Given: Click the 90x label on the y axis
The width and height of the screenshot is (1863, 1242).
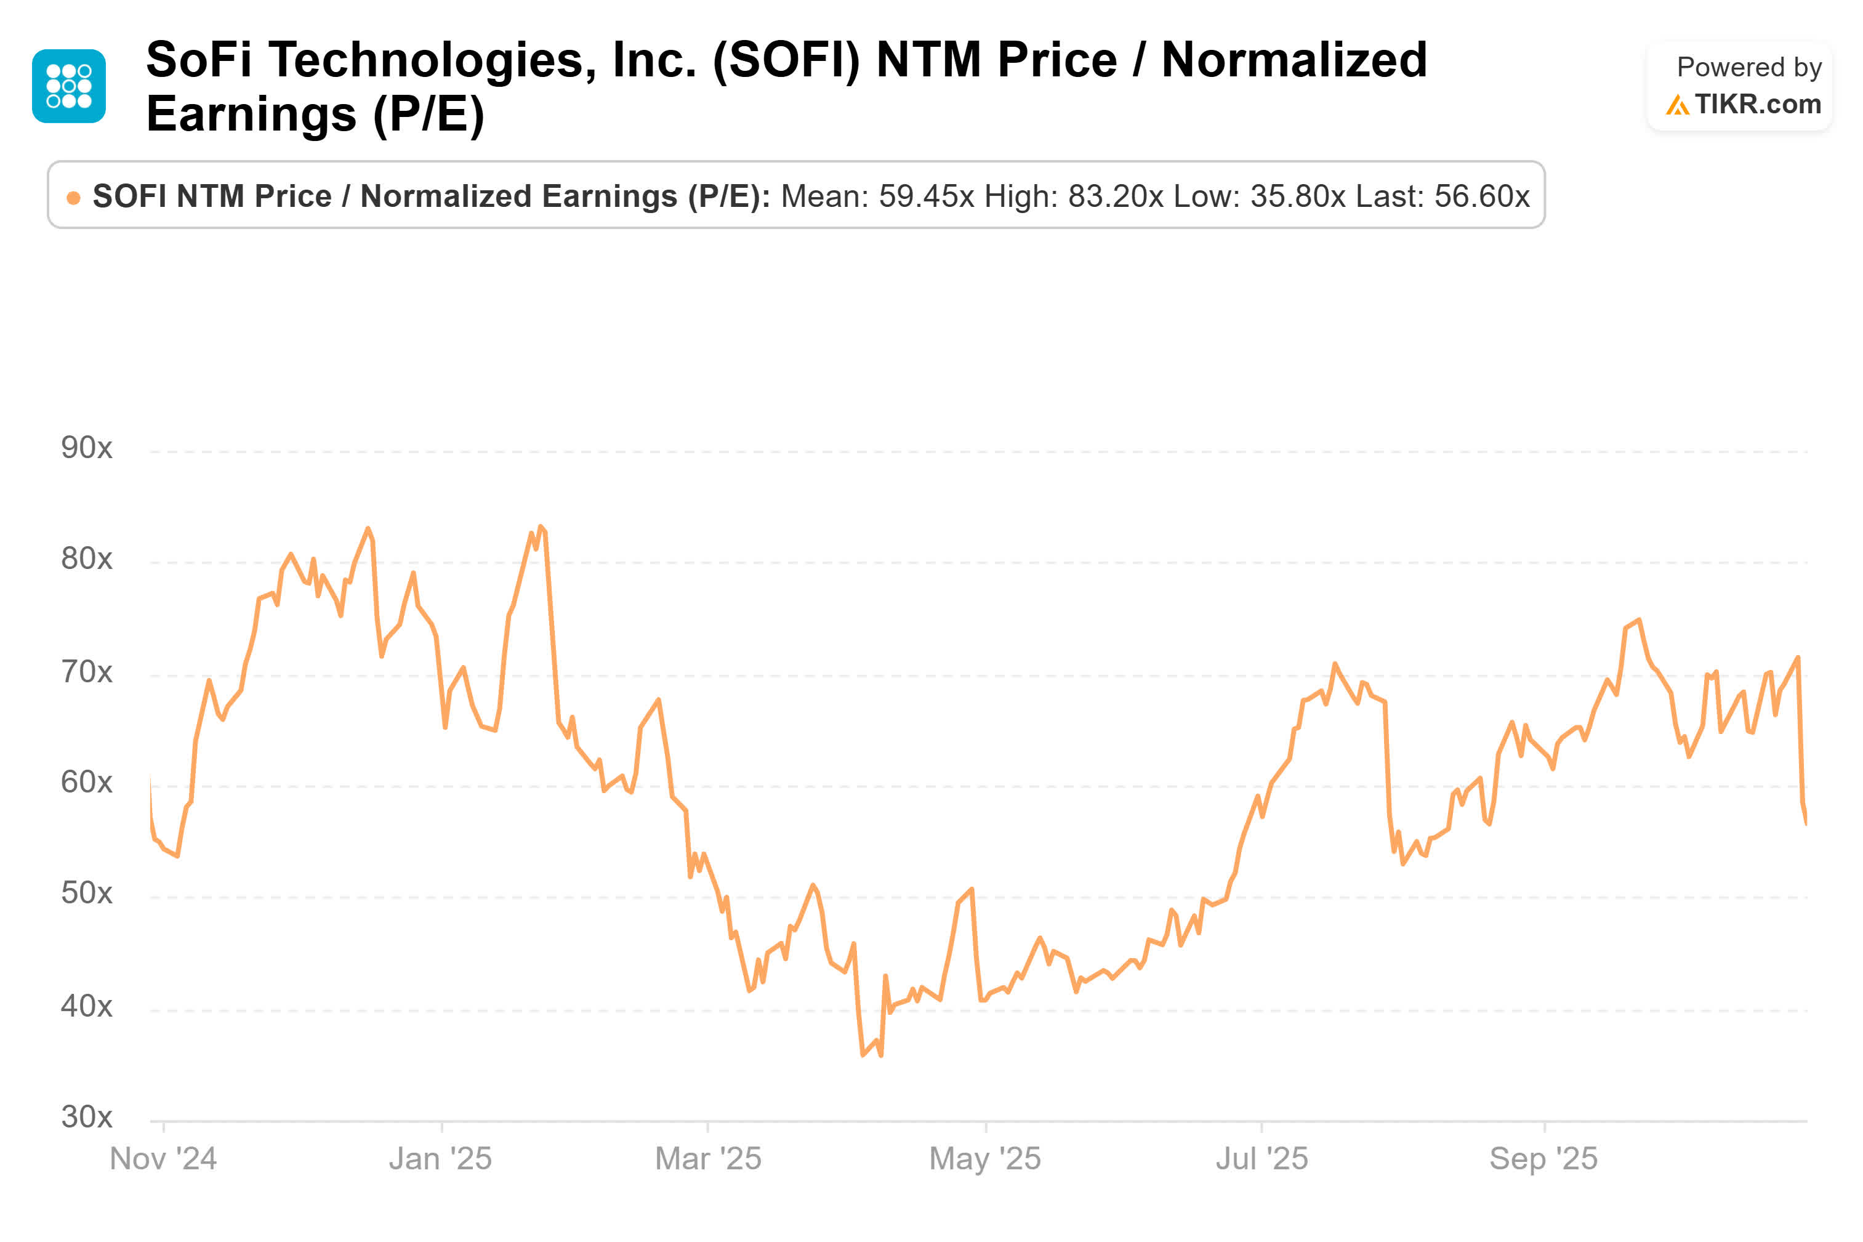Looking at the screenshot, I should click(x=86, y=448).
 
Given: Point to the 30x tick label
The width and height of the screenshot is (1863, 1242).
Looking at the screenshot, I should click(x=86, y=1117).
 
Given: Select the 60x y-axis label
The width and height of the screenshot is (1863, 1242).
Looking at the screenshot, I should click(x=86, y=783).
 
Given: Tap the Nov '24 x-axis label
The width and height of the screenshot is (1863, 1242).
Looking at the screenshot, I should click(x=163, y=1159).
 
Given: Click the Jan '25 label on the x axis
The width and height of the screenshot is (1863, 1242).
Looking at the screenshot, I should click(x=440, y=1159).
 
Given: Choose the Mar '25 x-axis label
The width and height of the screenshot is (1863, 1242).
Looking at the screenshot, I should click(x=708, y=1159).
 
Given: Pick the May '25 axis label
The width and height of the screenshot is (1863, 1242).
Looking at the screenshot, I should click(x=984, y=1159).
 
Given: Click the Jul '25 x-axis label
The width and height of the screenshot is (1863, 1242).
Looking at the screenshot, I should click(x=1261, y=1159).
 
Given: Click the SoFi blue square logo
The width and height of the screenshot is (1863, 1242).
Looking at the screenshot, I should click(x=69, y=86).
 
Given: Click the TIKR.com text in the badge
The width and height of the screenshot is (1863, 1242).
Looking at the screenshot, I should click(x=1757, y=105).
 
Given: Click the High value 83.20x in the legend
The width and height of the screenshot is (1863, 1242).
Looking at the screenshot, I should click(x=1115, y=196).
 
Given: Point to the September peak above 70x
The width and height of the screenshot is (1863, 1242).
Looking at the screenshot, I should click(x=1638, y=620).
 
